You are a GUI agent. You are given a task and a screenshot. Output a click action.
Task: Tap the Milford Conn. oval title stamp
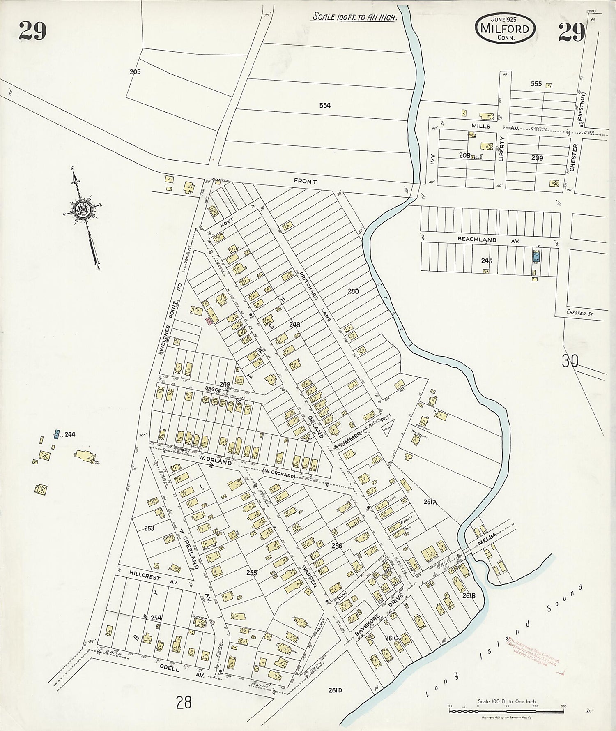[x=506, y=29]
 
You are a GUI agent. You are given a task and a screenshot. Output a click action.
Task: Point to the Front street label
[x=305, y=181]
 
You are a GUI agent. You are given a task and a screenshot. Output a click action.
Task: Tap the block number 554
[x=325, y=106]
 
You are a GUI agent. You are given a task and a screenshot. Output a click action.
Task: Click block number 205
[x=135, y=71]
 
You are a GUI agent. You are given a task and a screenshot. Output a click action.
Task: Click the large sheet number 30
[x=570, y=361]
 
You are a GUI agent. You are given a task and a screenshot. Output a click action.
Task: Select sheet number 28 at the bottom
[x=184, y=703]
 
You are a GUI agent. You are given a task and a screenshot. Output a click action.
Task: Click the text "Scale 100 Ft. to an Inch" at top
[x=354, y=17]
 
